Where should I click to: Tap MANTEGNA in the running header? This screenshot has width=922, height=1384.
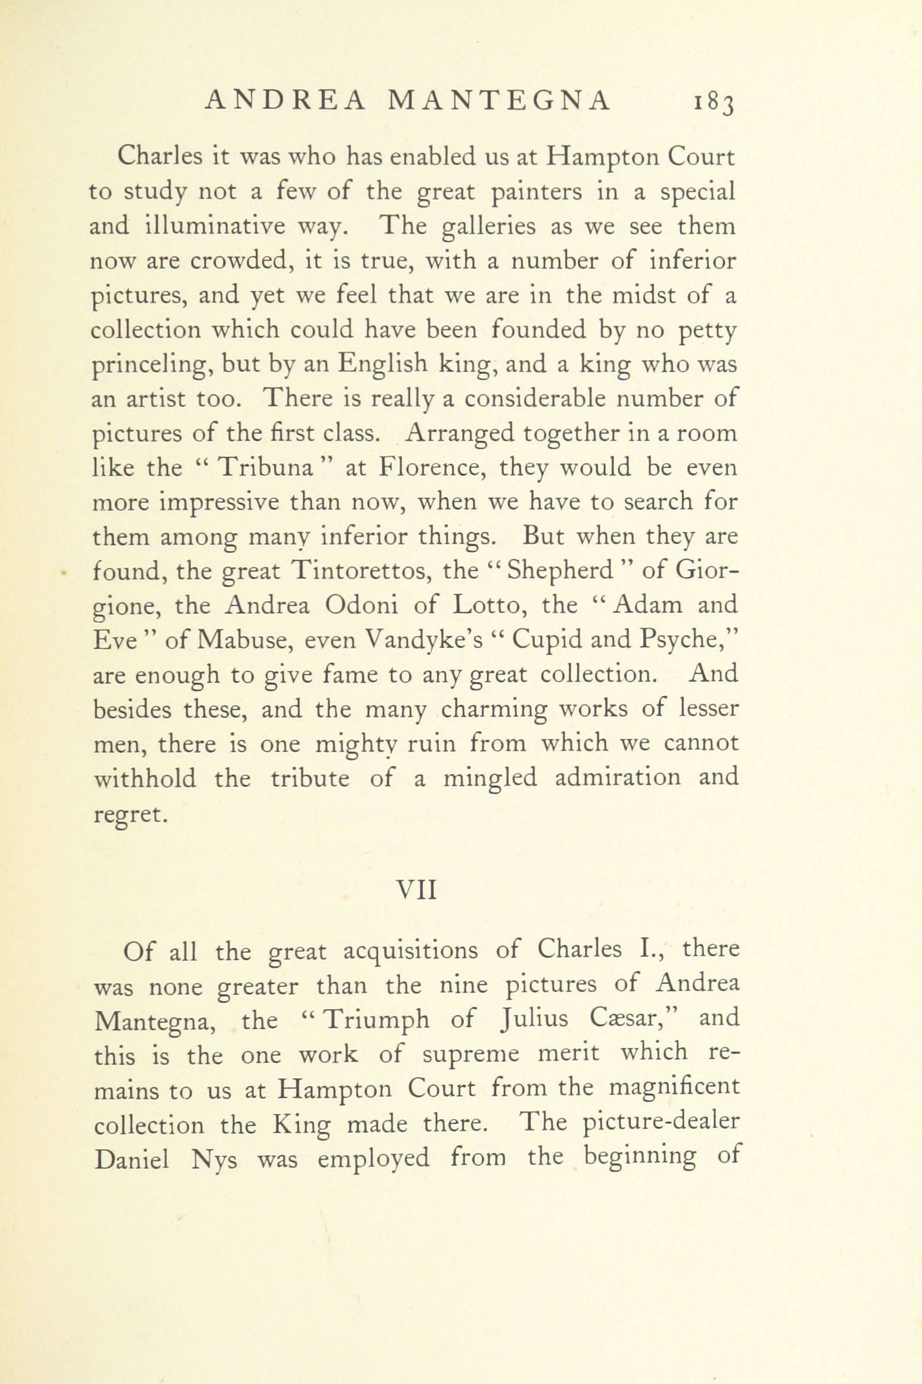[x=500, y=101]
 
